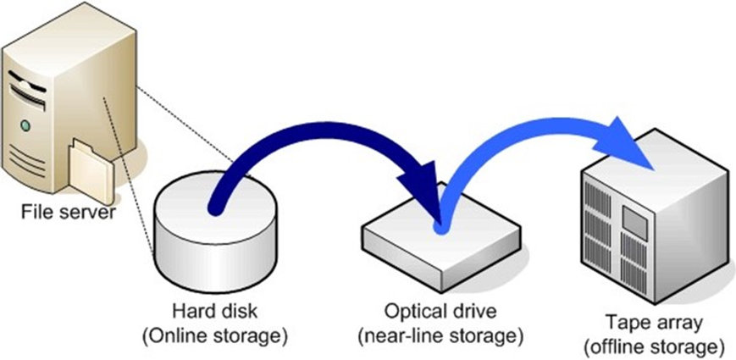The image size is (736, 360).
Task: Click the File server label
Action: click(67, 212)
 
